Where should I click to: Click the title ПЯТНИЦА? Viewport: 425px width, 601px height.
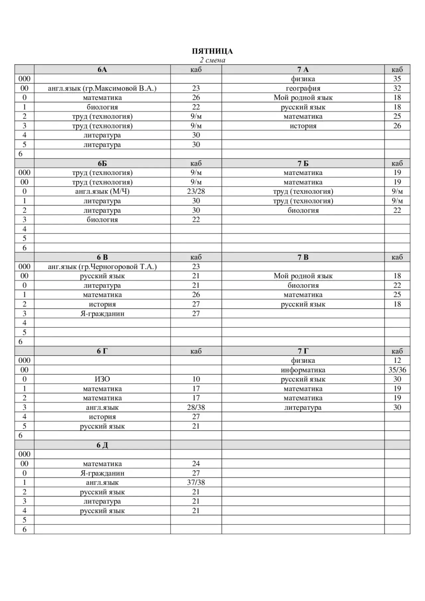coord(212,51)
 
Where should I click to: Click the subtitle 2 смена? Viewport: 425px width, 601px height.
coord(212,60)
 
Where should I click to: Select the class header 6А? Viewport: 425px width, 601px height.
coord(102,69)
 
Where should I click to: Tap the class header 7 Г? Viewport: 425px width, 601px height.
coord(303,351)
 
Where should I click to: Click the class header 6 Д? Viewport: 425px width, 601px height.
coord(102,445)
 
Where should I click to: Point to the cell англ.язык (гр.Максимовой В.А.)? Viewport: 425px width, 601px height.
coord(102,88)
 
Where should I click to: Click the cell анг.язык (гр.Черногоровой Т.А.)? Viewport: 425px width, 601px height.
coord(102,267)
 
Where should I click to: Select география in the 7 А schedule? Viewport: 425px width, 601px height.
coord(303,88)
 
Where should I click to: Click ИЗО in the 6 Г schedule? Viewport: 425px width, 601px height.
coord(102,379)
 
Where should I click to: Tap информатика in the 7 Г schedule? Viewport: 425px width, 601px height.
coord(303,370)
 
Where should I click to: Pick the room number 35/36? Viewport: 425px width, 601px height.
coord(397,370)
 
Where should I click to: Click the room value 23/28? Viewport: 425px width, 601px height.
coord(196,191)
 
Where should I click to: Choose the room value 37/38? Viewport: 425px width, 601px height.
coord(196,482)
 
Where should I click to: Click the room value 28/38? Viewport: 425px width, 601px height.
coord(196,407)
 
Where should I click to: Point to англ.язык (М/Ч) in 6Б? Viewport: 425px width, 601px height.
coord(102,191)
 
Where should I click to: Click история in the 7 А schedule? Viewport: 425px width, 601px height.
coord(303,126)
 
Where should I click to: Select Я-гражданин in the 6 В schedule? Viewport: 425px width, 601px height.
coord(102,313)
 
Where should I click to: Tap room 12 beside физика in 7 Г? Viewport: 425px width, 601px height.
coord(397,360)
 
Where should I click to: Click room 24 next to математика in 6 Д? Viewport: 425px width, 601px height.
coord(196,464)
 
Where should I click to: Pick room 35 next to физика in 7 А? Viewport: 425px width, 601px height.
coord(397,79)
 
